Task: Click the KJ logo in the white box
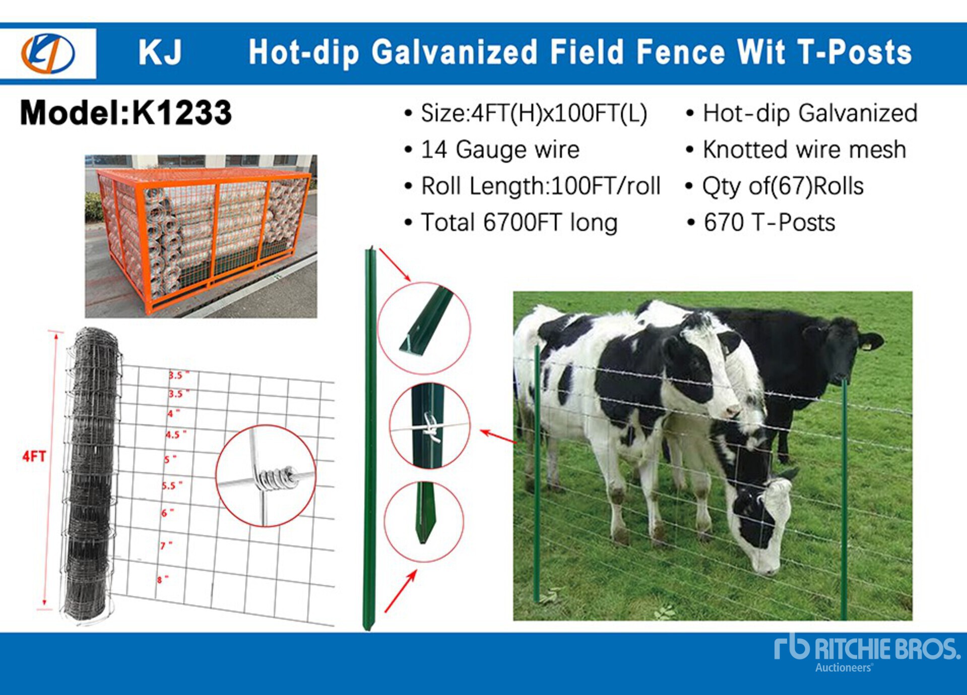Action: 48,53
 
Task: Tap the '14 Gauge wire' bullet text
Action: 500,150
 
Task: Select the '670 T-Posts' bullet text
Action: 769,222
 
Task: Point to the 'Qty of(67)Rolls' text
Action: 783,186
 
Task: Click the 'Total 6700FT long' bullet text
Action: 519,223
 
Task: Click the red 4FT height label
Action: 34,456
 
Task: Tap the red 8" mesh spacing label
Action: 162,579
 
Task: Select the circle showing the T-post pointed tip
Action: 424,521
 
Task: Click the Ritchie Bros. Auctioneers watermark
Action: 867,653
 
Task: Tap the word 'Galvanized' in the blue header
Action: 455,52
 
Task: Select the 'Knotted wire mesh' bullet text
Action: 804,150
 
